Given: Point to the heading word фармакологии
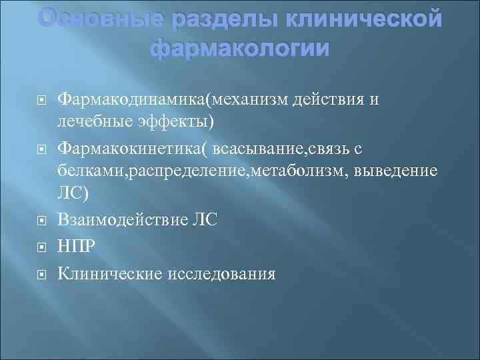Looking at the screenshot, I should pos(240,49).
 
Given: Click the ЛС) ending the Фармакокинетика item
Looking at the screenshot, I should pos(73,196).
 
